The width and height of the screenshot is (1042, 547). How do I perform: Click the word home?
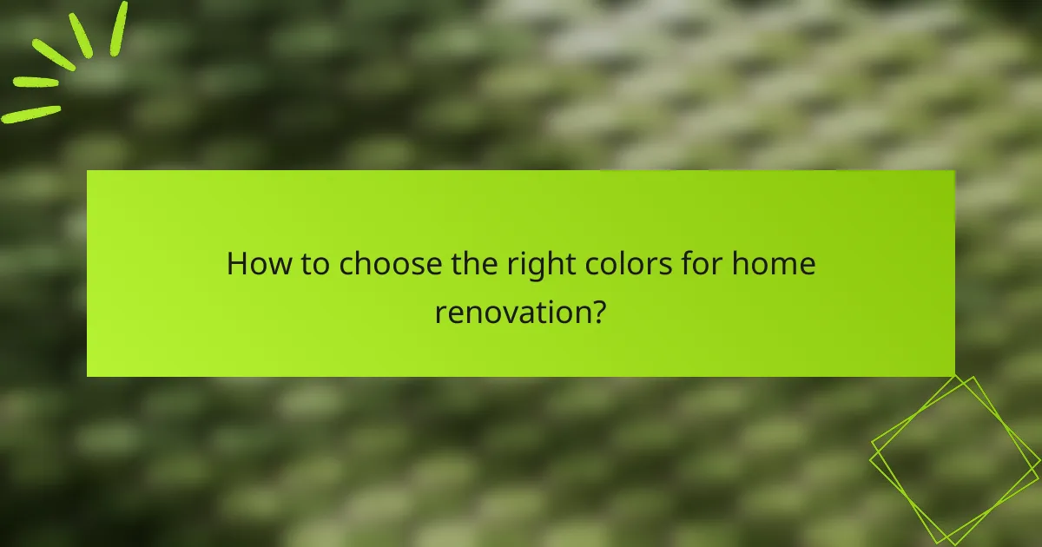774,264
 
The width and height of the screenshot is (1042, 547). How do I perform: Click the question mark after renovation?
597,311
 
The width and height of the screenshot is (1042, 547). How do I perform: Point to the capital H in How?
236,264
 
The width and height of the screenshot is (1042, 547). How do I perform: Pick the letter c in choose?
346,266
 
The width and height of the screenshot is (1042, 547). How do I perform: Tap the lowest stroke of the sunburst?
31,114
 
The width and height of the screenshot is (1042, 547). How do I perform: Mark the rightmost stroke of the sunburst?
118,28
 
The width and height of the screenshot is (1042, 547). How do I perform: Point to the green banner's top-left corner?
88,171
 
